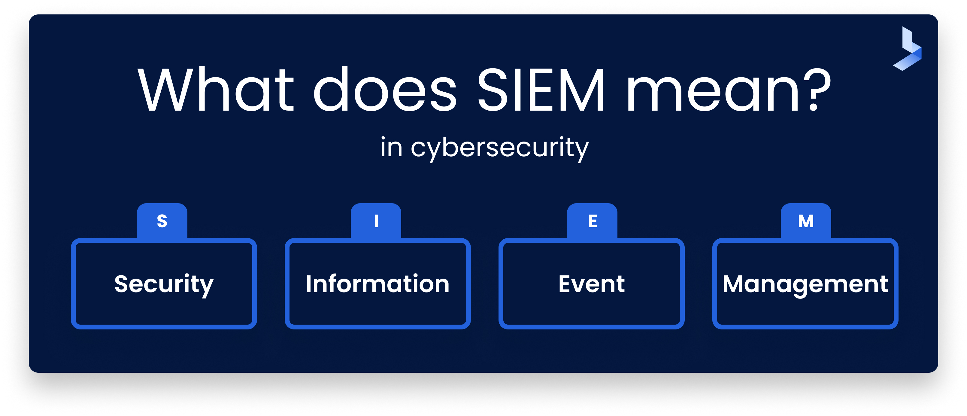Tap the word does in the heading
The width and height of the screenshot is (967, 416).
pos(384,90)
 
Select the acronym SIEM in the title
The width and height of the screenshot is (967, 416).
pos(541,90)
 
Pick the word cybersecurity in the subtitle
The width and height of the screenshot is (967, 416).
pos(499,148)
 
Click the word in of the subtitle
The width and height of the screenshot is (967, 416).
pos(391,147)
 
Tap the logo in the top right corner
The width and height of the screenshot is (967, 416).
pos(908,49)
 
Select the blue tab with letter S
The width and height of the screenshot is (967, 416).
pos(162,221)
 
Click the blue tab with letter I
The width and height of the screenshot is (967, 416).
pos(376,221)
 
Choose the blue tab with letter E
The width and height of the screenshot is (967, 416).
pos(592,221)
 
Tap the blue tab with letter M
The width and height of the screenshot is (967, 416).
pos(806,221)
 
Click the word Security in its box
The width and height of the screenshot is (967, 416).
pos(164,284)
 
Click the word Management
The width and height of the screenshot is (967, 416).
pos(805,284)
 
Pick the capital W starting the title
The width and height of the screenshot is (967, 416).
pos(165,90)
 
